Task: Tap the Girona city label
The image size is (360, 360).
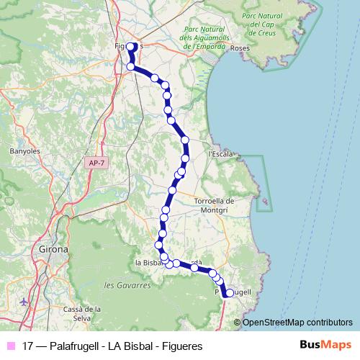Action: coord(51,250)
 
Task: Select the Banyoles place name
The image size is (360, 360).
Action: coord(24,152)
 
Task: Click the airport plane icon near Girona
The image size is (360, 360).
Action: coord(26,301)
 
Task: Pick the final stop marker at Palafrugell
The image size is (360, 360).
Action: coord(230,293)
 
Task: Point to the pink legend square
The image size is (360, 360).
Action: coord(12,346)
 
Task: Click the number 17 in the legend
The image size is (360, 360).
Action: coord(28,346)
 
